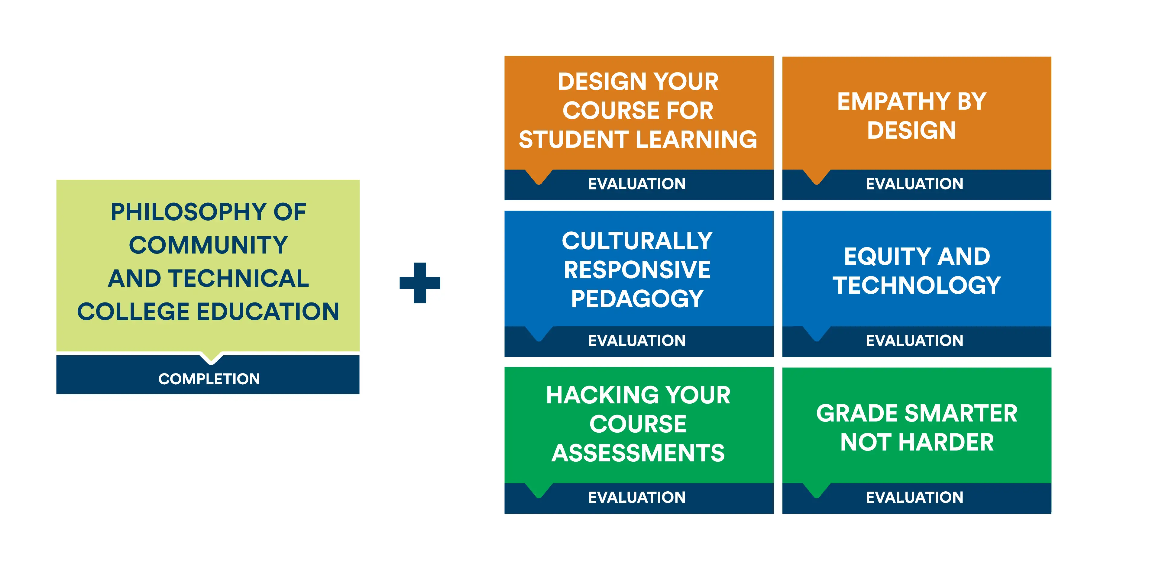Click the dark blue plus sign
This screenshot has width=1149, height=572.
coord(420,283)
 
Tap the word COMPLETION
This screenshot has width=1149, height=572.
coord(209,379)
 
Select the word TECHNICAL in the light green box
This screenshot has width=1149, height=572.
coord(239,278)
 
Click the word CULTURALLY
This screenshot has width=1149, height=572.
coord(637,241)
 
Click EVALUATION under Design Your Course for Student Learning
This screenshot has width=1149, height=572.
coord(636,184)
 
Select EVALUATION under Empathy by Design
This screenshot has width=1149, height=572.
coord(914,184)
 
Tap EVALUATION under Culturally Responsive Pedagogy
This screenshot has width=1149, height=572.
coord(636,341)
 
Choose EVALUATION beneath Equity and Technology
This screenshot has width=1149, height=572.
coord(914,341)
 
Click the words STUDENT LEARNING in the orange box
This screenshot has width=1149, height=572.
coord(638,140)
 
